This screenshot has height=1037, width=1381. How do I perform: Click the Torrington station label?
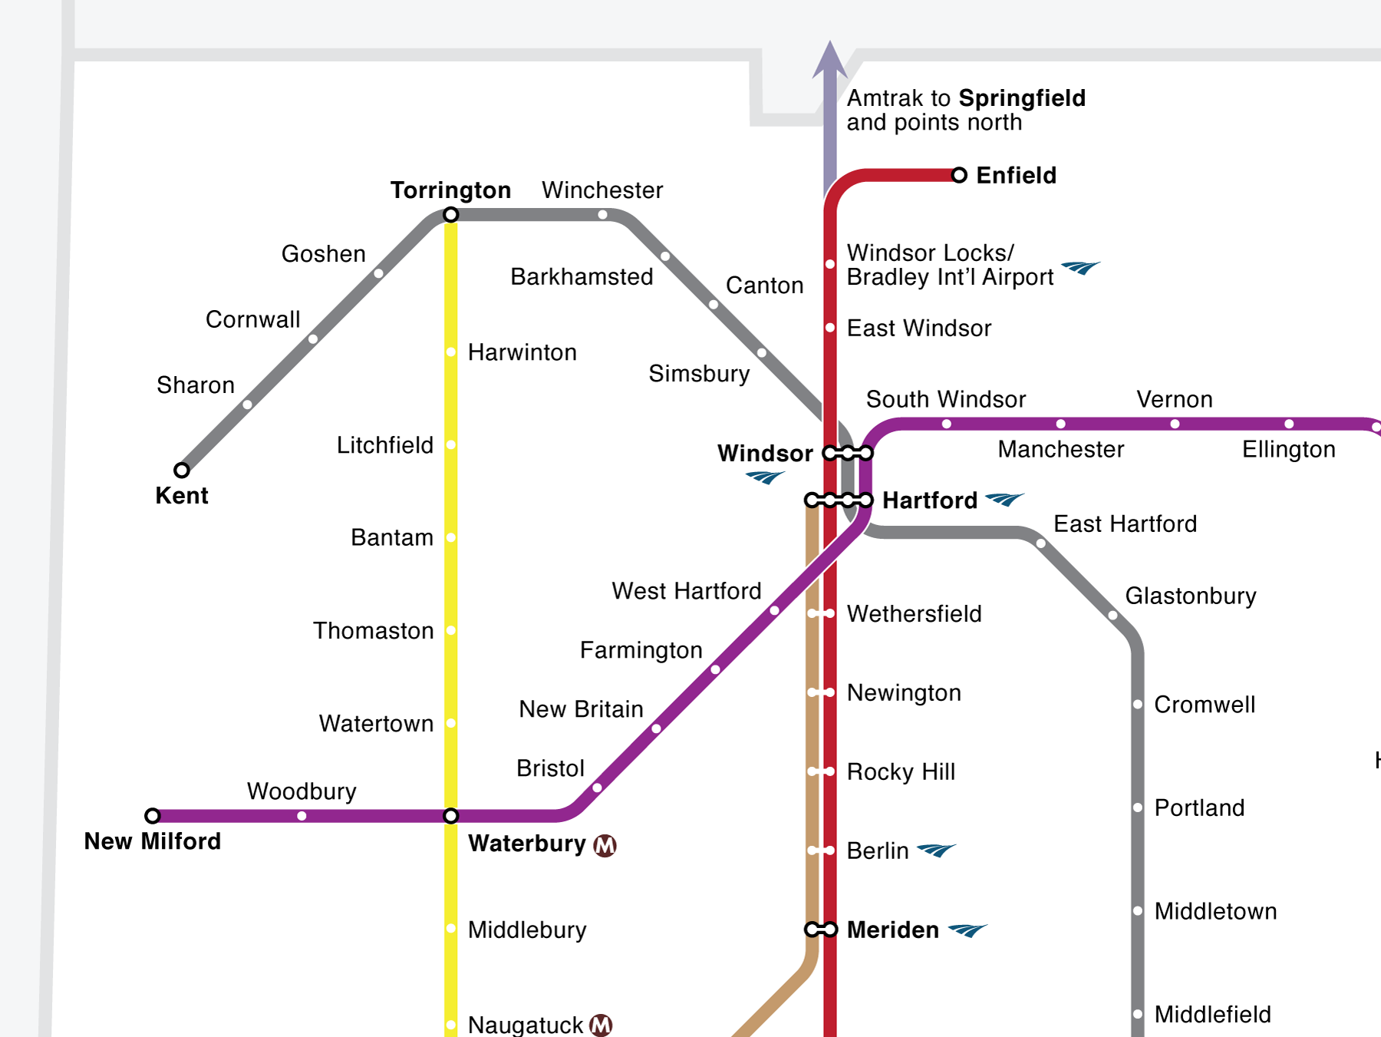(450, 190)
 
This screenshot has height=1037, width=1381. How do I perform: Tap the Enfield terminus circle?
(959, 175)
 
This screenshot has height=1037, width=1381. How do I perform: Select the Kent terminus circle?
(182, 470)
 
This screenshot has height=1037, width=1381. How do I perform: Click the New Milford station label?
(152, 841)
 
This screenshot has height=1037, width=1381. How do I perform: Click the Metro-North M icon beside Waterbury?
(605, 845)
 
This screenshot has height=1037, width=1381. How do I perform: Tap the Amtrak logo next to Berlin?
(936, 850)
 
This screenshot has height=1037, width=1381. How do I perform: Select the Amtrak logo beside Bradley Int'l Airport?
(1080, 268)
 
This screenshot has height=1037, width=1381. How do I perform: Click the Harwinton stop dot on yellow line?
(451, 352)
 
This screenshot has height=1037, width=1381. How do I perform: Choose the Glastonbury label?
(1190, 596)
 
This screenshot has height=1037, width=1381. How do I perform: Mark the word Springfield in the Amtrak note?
(1022, 98)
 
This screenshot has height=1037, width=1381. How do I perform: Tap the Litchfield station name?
(385, 445)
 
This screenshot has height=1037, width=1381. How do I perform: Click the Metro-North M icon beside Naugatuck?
(602, 1025)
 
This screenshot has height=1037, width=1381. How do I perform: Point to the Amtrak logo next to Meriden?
(967, 930)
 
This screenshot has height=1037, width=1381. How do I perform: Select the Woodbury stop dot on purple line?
(302, 816)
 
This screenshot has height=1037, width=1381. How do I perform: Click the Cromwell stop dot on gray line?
(1138, 705)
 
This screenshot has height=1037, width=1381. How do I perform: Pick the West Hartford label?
(686, 591)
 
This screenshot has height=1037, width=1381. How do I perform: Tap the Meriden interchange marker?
(820, 930)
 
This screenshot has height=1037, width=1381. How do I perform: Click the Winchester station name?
(602, 190)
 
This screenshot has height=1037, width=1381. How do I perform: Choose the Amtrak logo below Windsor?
(765, 477)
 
